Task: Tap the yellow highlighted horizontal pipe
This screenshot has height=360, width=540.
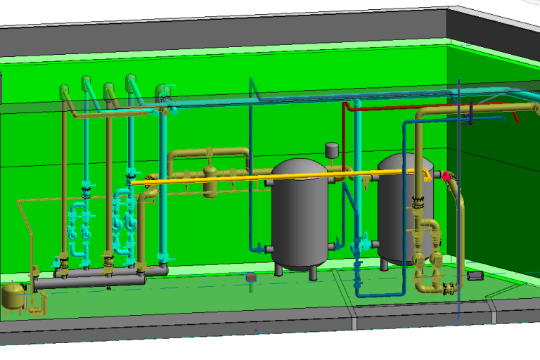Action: point(281,176)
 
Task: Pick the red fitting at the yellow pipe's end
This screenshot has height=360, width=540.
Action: point(446,175)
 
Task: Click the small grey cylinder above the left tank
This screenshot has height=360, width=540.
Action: point(331,149)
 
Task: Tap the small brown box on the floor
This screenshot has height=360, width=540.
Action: point(250,279)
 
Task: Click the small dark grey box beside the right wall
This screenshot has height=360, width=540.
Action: point(475,275)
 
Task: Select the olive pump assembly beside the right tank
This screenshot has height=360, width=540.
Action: point(427,253)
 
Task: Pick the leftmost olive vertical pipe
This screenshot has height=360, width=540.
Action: point(65,183)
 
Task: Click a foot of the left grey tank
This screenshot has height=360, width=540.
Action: point(279,270)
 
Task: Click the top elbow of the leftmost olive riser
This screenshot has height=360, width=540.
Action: point(65,92)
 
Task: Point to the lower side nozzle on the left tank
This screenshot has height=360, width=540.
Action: point(269,248)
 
